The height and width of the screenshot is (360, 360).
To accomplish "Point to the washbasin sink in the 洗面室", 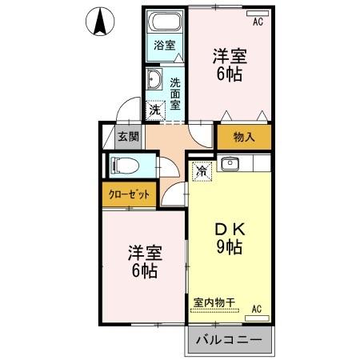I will (154, 80).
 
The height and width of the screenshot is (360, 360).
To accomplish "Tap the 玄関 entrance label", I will (128, 137).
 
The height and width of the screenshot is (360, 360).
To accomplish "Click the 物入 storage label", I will (244, 138).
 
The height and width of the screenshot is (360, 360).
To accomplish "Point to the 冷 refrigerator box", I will (202, 170).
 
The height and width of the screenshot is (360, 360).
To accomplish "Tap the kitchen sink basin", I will (230, 166).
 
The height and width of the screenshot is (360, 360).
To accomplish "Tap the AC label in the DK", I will (257, 308).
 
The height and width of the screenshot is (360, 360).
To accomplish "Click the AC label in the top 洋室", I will (258, 22).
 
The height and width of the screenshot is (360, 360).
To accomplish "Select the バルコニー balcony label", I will (229, 341).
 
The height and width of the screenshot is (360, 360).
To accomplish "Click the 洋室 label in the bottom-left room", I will (145, 254).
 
